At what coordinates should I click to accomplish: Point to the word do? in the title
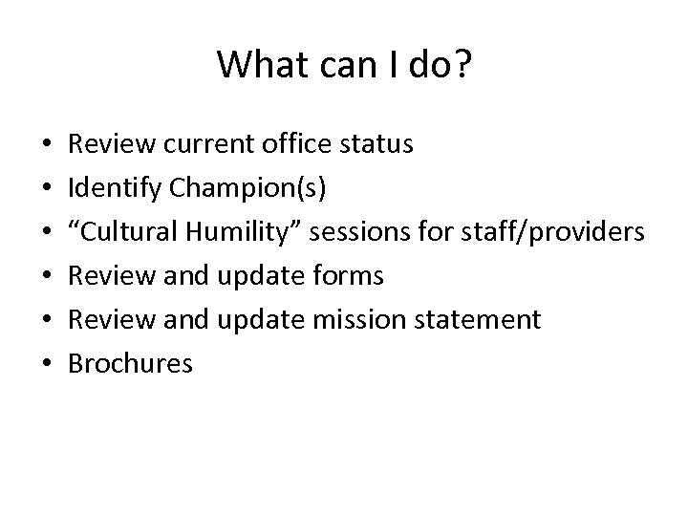[x=439, y=65]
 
